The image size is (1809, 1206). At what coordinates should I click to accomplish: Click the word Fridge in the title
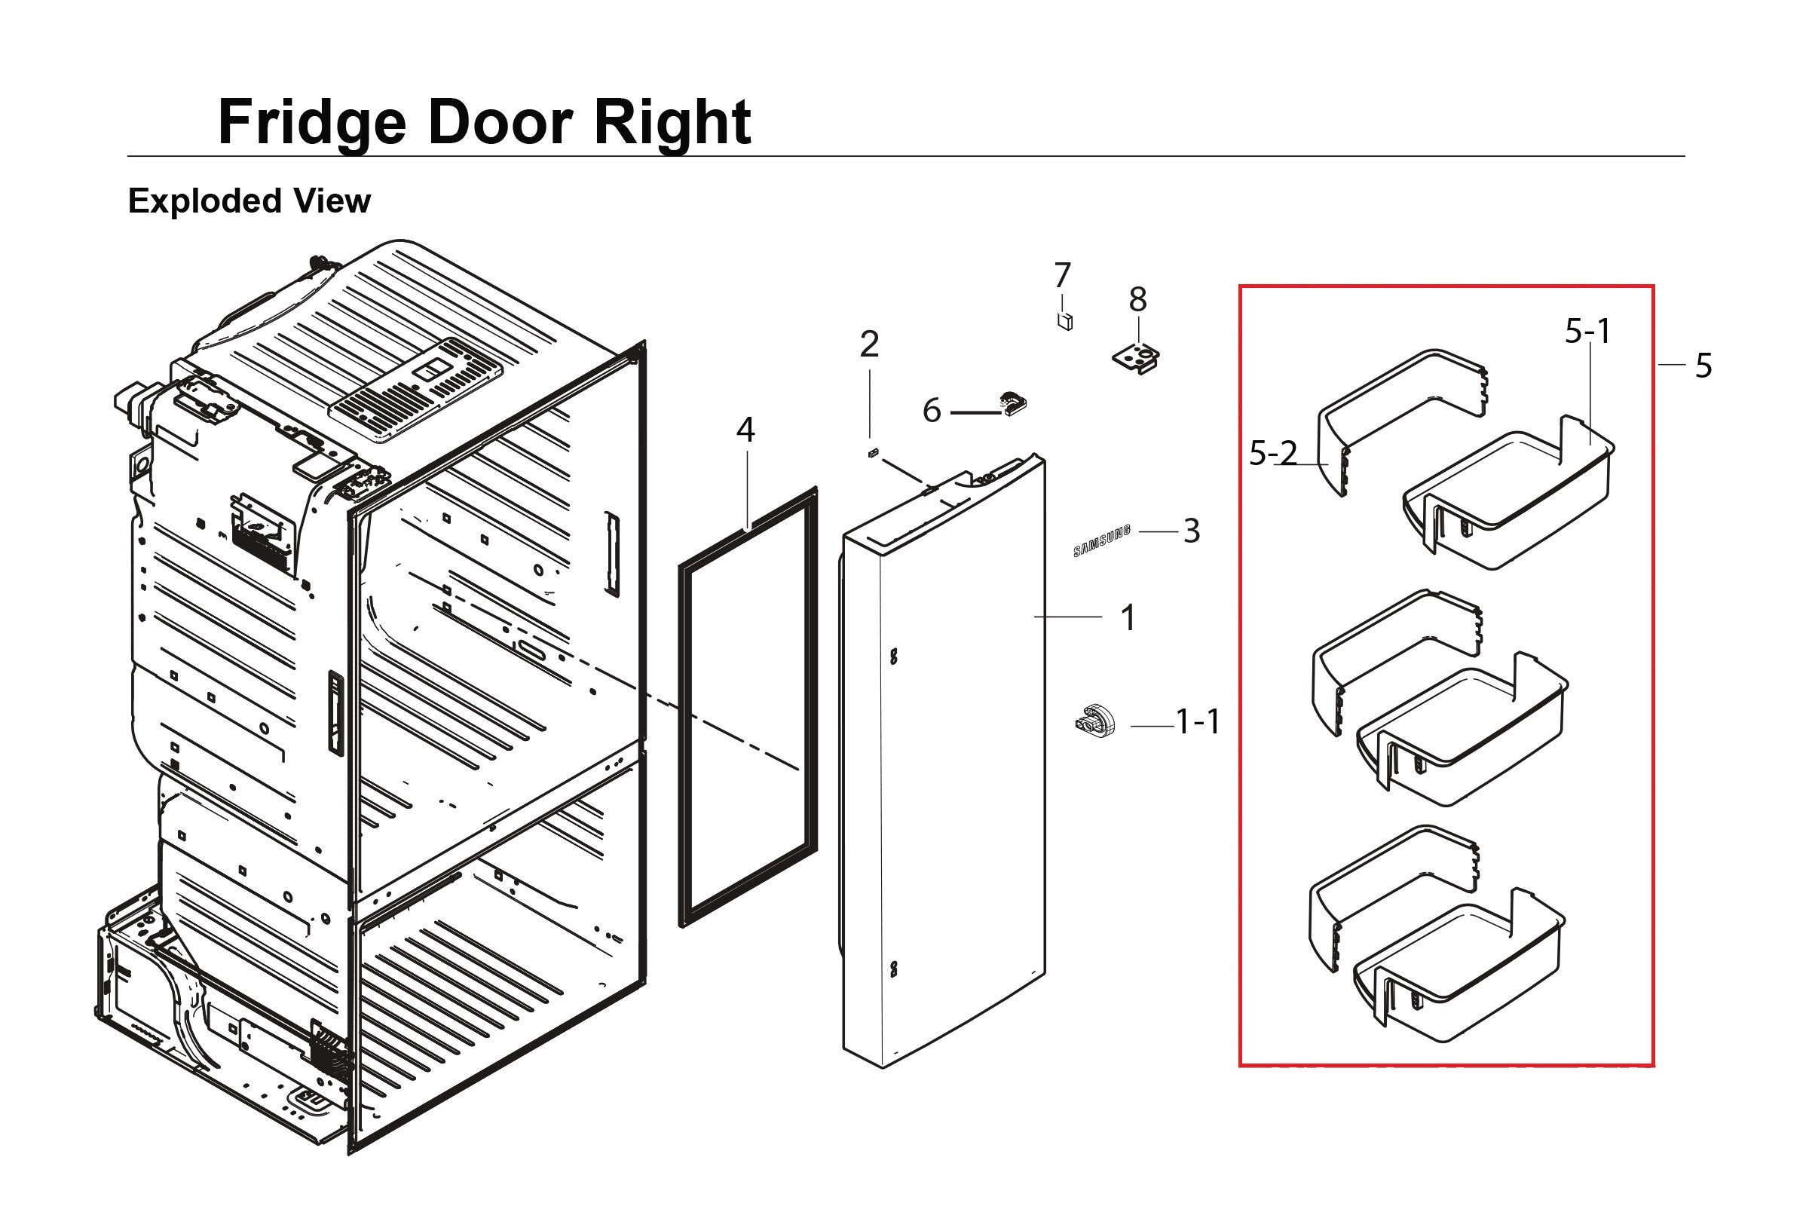point(311,123)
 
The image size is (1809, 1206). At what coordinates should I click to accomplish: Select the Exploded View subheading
point(249,200)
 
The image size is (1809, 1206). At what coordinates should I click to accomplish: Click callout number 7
point(1062,275)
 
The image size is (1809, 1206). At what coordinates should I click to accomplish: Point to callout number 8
point(1137,299)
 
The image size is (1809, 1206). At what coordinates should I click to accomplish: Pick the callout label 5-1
point(1587,332)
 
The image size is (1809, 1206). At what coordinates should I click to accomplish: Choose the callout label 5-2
point(1273,454)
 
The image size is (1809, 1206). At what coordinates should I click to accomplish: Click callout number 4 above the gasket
point(745,430)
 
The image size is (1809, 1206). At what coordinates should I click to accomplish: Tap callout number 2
point(869,344)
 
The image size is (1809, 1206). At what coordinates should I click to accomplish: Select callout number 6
point(932,412)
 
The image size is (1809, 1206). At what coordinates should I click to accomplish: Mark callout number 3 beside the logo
point(1192,531)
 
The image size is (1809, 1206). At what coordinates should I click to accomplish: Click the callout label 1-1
point(1198,722)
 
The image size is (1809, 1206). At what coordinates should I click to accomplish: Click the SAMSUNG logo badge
point(1102,540)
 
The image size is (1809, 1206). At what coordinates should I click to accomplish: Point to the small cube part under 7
point(1065,321)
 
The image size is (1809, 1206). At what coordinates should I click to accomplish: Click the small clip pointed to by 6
point(1012,404)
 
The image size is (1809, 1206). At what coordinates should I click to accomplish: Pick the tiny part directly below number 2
point(872,453)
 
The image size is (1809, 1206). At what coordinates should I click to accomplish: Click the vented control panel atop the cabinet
point(415,389)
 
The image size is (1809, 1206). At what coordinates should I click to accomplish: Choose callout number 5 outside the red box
point(1703,366)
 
